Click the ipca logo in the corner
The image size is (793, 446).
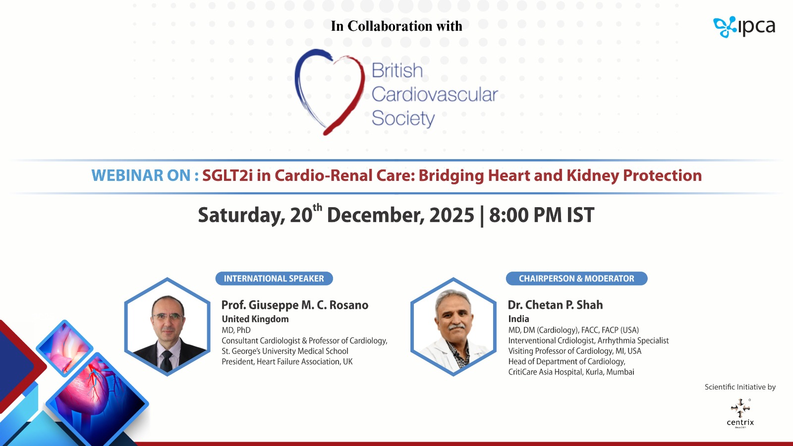pyautogui.click(x=744, y=27)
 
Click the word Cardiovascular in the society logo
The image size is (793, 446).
pyautogui.click(x=435, y=95)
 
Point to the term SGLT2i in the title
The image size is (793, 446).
pyautogui.click(x=227, y=175)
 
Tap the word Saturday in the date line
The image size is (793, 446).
pyautogui.click(x=241, y=215)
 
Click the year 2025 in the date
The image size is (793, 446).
pyautogui.click(x=452, y=215)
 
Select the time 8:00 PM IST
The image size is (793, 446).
pyautogui.click(x=542, y=215)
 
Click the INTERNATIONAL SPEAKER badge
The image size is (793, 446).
pyautogui.click(x=274, y=279)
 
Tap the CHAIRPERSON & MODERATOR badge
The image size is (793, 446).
pyautogui.click(x=577, y=279)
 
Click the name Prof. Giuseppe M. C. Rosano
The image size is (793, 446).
pyautogui.click(x=295, y=305)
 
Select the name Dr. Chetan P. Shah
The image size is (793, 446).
pyautogui.click(x=555, y=305)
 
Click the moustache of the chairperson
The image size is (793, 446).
pyautogui.click(x=456, y=327)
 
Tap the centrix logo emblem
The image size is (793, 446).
pyautogui.click(x=740, y=408)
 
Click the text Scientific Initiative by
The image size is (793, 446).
pyautogui.click(x=740, y=387)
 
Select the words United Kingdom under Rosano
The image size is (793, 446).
pyautogui.click(x=255, y=319)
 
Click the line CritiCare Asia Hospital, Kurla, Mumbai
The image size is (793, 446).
pyautogui.click(x=571, y=372)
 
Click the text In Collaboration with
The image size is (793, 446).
pyautogui.click(x=396, y=26)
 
